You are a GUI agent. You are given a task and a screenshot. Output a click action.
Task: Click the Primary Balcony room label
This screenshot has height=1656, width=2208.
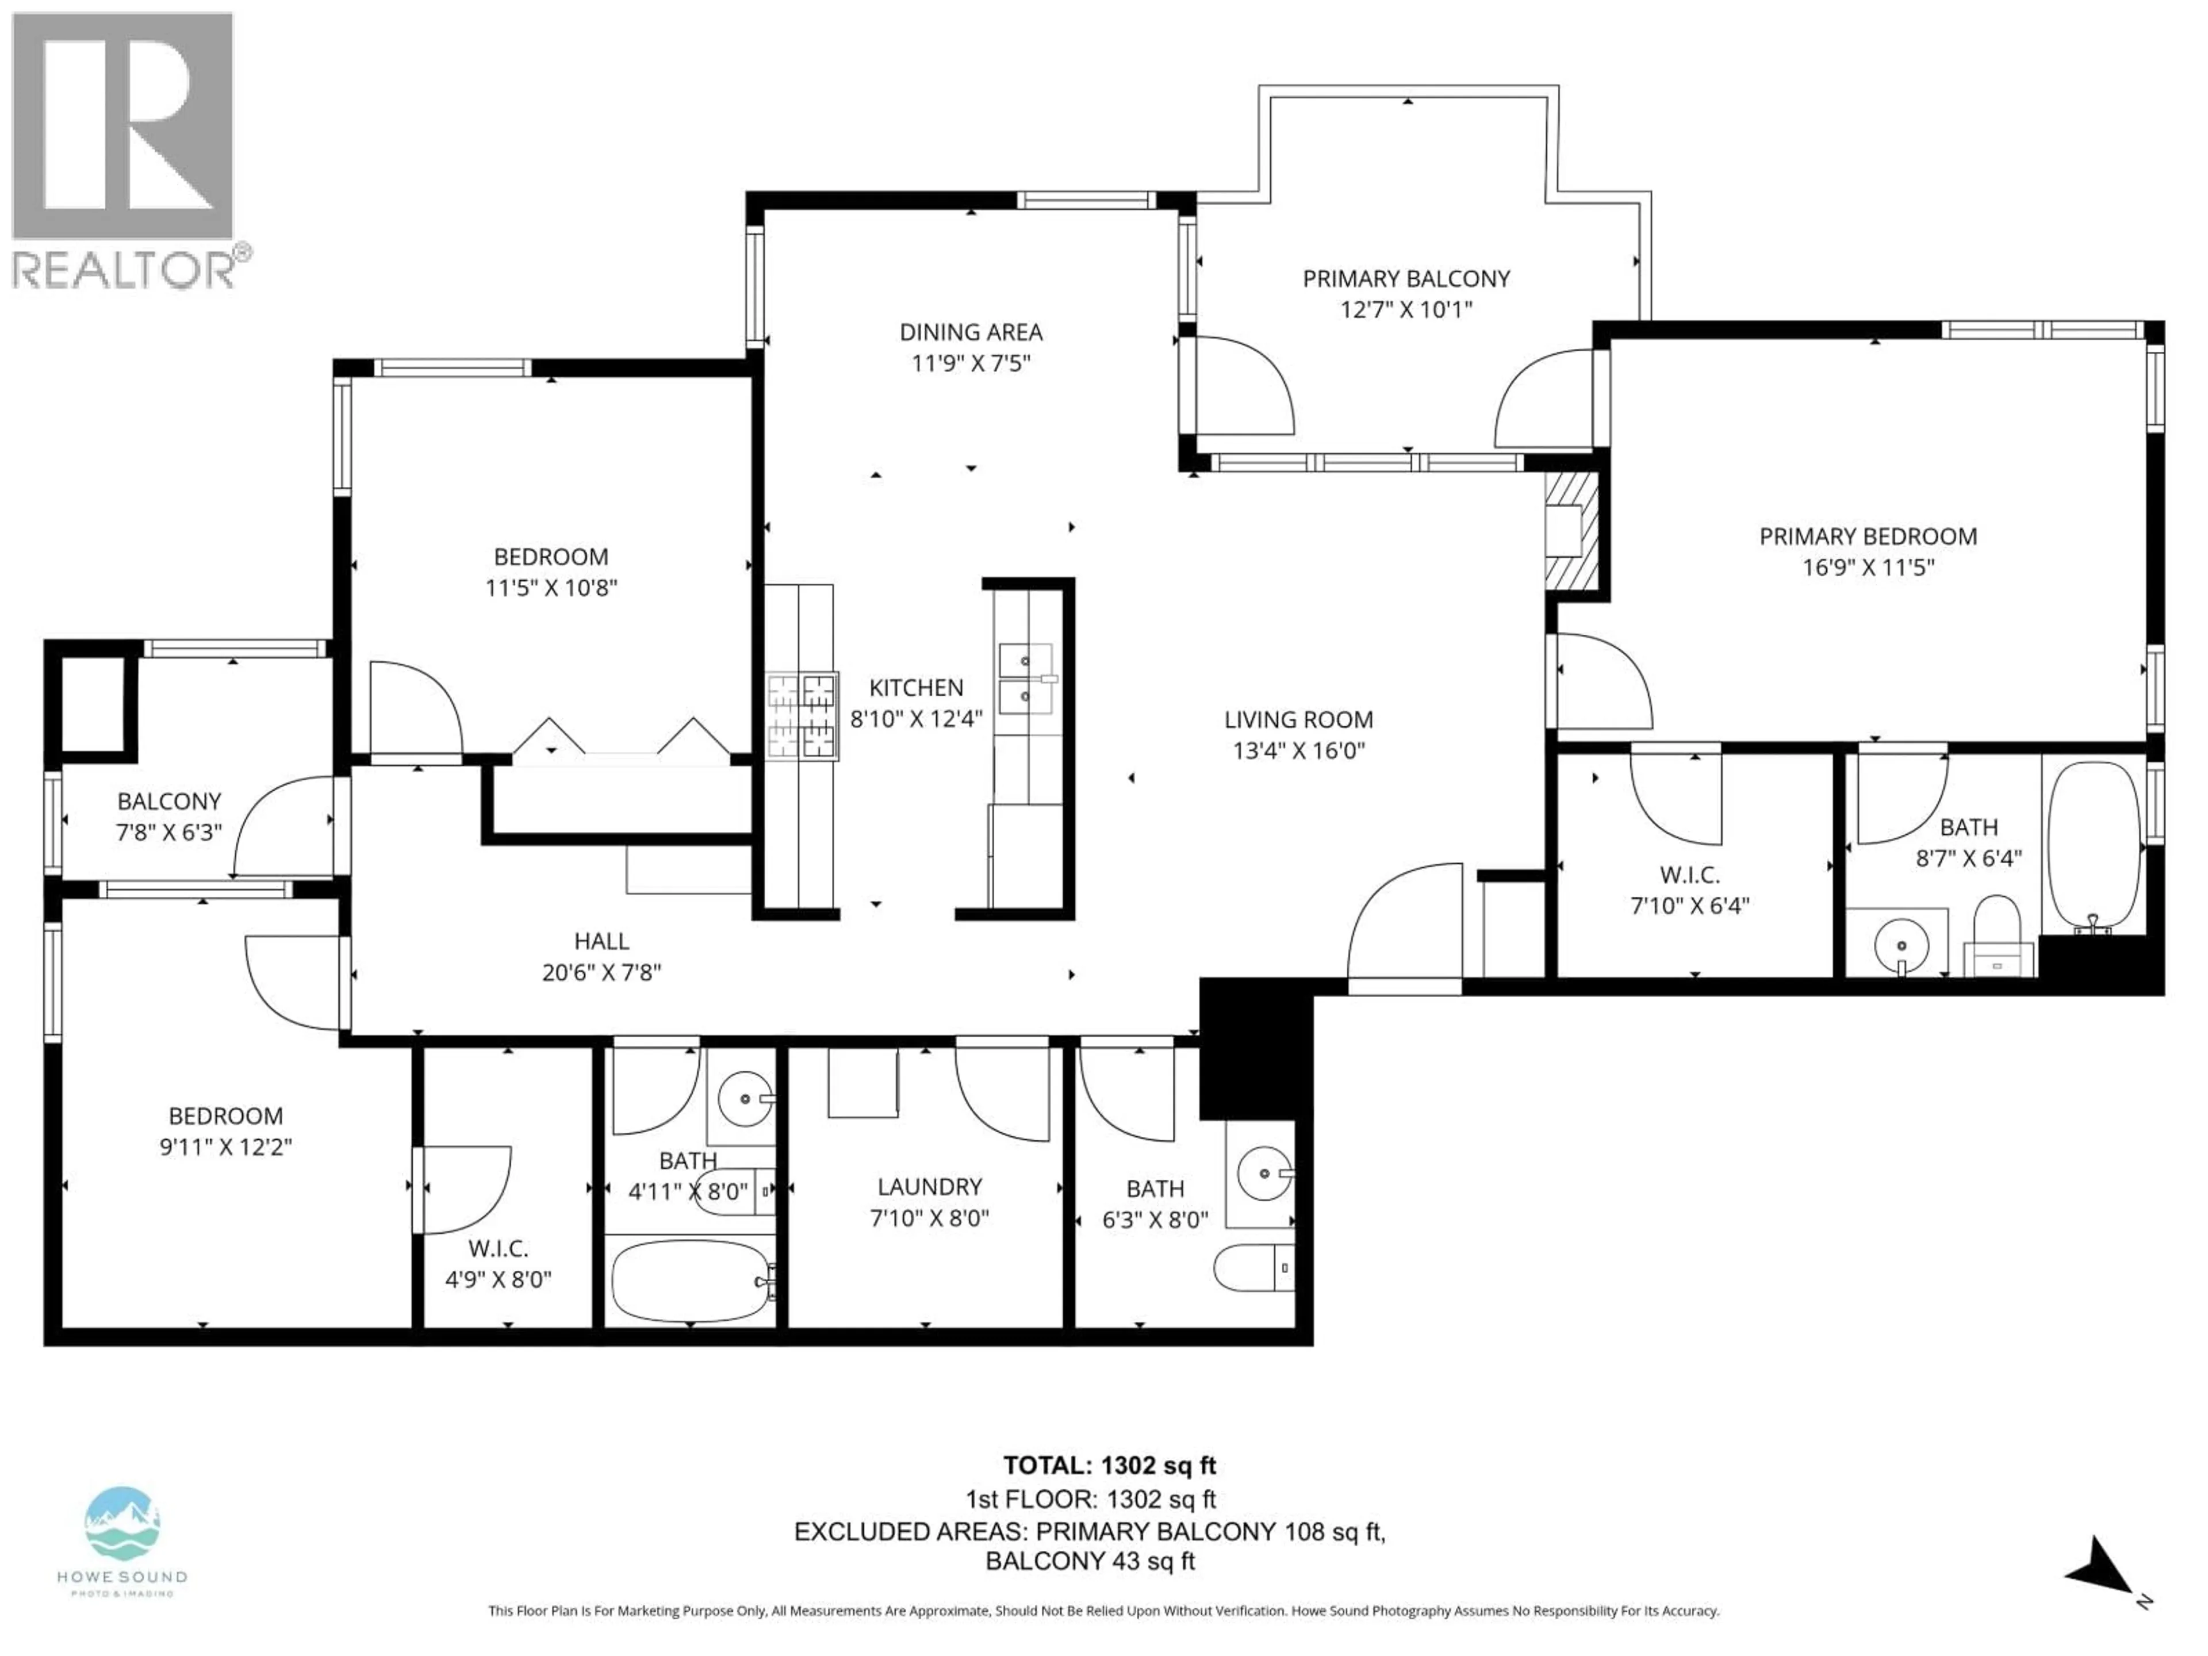click(x=1405, y=279)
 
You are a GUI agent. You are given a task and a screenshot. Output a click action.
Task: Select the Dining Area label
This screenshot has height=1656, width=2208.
click(x=970, y=332)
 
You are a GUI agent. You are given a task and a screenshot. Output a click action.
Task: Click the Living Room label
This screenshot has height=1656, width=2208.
click(x=1298, y=720)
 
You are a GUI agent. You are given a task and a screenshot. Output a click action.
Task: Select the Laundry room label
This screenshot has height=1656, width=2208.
click(x=929, y=1187)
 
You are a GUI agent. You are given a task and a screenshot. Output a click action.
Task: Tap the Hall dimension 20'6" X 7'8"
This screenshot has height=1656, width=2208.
click(x=601, y=972)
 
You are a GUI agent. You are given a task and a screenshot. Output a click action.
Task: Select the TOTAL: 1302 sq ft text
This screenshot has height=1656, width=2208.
click(x=1109, y=1465)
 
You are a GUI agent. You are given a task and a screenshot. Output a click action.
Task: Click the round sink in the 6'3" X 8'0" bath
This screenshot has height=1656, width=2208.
click(x=1264, y=1173)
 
